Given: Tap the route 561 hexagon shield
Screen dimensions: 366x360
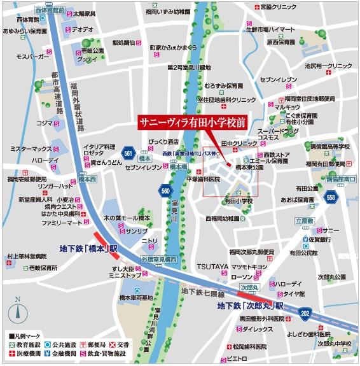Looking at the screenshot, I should [128, 153].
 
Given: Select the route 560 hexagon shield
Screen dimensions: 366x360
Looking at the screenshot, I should [165, 190].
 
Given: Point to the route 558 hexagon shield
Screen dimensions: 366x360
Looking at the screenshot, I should [331, 198].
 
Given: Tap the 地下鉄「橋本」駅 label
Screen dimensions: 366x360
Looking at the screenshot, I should [90, 248].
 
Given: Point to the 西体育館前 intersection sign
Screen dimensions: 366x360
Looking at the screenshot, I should [51, 11].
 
